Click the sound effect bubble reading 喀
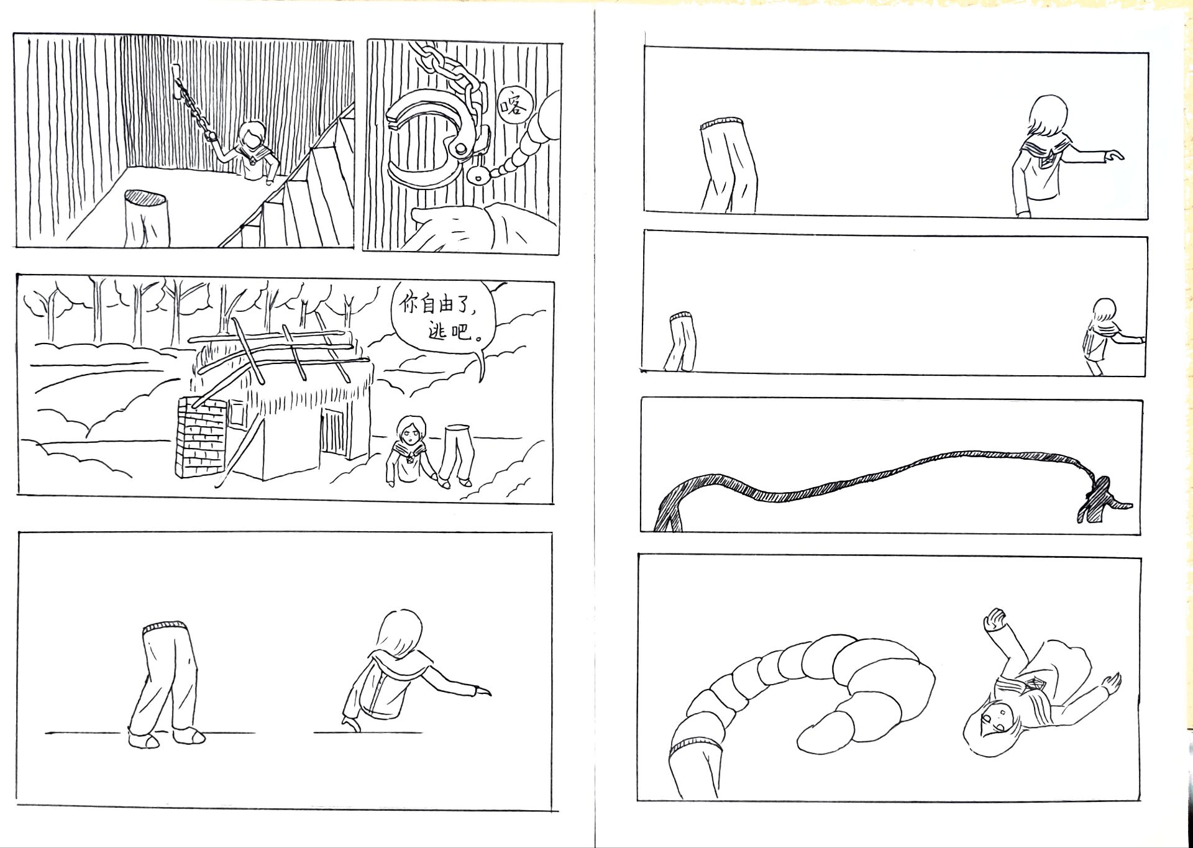pos(514,106)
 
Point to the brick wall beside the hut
pos(202,438)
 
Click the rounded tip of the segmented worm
pos(820,733)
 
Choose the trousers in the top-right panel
pos(728,165)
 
